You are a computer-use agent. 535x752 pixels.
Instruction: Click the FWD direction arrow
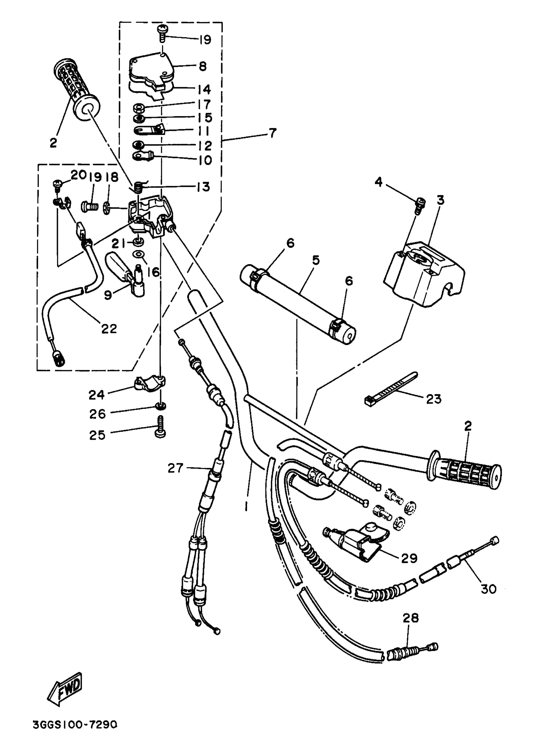65,689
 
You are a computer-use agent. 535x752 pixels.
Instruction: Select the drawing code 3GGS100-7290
75,725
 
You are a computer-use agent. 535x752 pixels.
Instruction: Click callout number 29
409,558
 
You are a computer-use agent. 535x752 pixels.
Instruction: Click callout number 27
175,468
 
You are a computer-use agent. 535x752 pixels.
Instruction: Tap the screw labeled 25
160,427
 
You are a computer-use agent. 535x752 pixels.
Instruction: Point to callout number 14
204,89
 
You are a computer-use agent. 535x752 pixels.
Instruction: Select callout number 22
109,329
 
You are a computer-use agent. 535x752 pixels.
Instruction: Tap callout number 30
488,589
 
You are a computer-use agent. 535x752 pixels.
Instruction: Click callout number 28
410,618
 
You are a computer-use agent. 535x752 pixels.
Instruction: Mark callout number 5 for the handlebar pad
316,260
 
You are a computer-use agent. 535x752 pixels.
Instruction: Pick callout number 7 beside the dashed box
272,133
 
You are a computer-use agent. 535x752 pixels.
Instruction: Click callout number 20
78,175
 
